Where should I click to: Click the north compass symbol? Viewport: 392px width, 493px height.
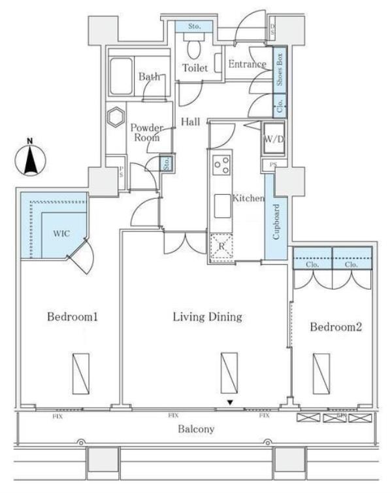click(x=31, y=158)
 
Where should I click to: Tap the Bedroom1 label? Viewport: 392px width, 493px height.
click(x=73, y=317)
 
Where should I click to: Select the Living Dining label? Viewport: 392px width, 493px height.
click(x=207, y=316)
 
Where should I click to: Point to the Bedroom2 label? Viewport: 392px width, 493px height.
click(x=336, y=327)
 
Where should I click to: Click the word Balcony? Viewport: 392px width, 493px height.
click(x=197, y=430)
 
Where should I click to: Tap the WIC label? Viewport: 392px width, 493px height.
click(x=61, y=233)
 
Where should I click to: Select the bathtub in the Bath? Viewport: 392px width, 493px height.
click(x=122, y=76)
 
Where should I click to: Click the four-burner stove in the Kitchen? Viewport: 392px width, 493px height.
click(x=221, y=164)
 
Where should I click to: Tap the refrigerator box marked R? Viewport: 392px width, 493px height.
click(x=221, y=247)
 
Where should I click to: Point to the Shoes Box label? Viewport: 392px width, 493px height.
click(x=279, y=71)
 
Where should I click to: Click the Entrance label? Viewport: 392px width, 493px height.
click(x=247, y=64)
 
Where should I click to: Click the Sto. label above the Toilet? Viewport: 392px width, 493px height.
click(x=194, y=27)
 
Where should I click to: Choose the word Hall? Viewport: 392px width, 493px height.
click(x=191, y=121)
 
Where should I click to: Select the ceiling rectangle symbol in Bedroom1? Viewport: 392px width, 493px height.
click(x=80, y=373)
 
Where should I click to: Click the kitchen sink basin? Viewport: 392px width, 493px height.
click(x=221, y=207)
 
